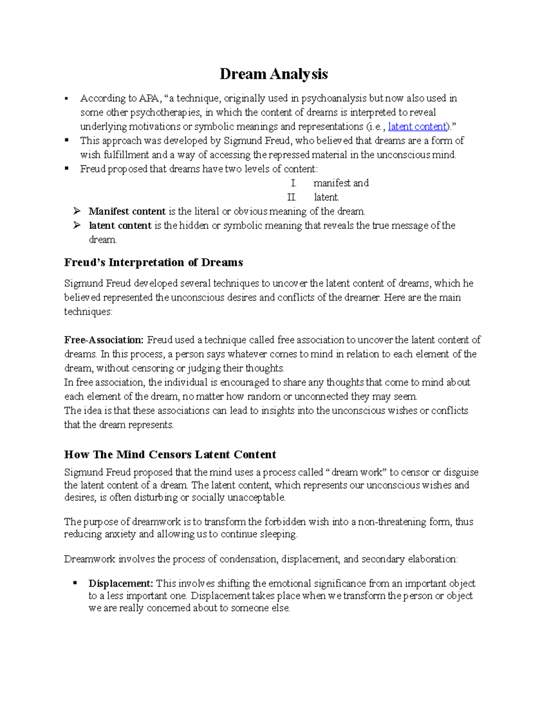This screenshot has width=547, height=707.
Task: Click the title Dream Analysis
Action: pyautogui.click(x=273, y=74)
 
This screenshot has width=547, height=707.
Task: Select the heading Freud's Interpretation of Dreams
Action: pyautogui.click(x=154, y=263)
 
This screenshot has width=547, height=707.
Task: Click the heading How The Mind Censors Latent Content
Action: pyautogui.click(x=170, y=454)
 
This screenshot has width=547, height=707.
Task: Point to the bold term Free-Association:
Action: pyautogui.click(x=104, y=340)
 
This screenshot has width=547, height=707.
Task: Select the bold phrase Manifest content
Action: pyautogui.click(x=127, y=212)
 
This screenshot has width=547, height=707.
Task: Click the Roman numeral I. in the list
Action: pyautogui.click(x=294, y=183)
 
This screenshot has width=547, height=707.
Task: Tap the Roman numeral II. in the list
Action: pyautogui.click(x=292, y=198)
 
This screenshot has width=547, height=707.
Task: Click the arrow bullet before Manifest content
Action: pyautogui.click(x=77, y=211)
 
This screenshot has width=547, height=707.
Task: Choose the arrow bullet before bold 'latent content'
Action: pyautogui.click(x=77, y=225)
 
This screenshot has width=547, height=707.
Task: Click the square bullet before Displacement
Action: pyautogui.click(x=75, y=583)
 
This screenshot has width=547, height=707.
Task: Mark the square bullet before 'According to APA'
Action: pyautogui.click(x=67, y=98)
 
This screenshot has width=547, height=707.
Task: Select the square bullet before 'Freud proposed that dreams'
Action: pyautogui.click(x=67, y=168)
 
